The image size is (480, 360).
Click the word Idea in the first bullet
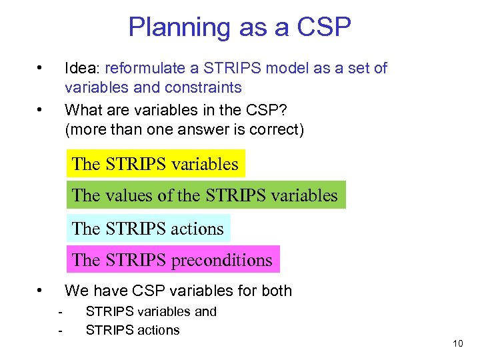coord(81,68)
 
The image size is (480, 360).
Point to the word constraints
coord(203,87)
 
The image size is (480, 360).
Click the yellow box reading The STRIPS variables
coord(155,163)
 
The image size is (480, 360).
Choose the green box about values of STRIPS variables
coord(205,195)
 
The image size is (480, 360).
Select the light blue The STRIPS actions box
coord(148,228)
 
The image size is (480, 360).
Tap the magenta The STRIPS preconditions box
coord(173,259)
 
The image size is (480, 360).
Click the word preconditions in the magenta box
coord(222,260)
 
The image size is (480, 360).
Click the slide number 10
coord(457,343)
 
